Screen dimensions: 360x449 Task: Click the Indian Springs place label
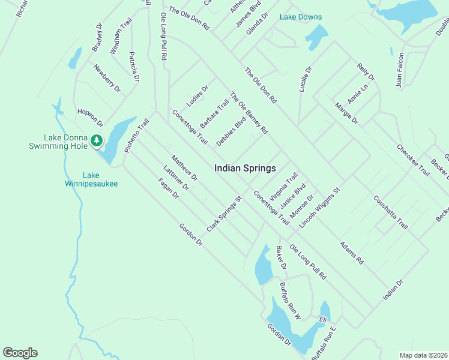pos(245,169)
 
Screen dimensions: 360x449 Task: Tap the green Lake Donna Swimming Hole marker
pos(96,141)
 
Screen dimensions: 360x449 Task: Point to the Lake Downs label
pos(301,17)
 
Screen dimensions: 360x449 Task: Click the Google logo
pos(20,353)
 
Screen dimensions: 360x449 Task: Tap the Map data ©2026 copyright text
pos(423,355)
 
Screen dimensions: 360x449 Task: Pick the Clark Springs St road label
pos(224,214)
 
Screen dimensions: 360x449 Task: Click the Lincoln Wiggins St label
pos(320,207)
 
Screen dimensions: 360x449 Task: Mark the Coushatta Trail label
pos(391,212)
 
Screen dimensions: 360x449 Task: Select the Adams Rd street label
pos(352,253)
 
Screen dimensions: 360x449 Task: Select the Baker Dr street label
pos(282,257)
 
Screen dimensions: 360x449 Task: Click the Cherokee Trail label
pos(413,160)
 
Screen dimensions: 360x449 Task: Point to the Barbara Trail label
pos(214,113)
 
